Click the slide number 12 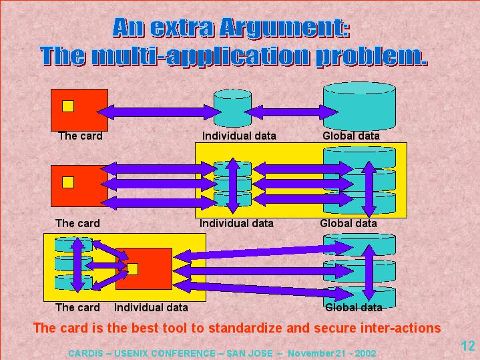pos(467,345)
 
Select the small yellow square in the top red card pos(68,106)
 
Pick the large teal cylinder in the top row pos(359,105)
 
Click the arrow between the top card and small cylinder pos(160,110)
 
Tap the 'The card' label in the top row pos(80,136)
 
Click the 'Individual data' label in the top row pos(239,136)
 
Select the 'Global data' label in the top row pos(351,136)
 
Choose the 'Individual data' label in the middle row pos(236,223)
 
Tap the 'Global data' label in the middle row pos(348,223)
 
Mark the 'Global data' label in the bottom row pos(354,307)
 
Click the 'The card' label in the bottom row pos(77,307)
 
